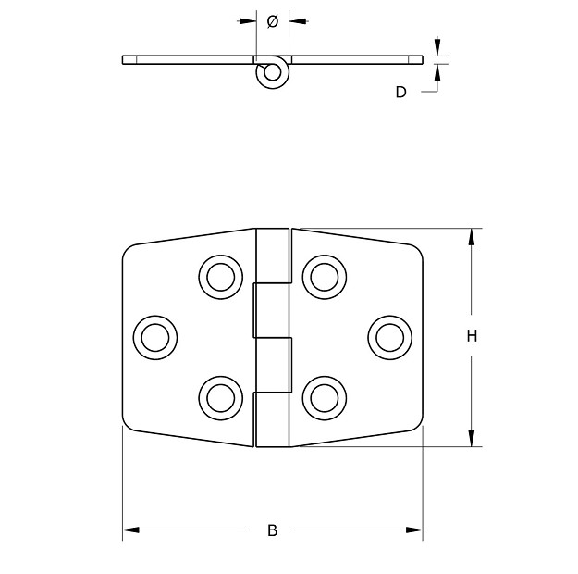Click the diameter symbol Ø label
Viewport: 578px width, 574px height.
272,21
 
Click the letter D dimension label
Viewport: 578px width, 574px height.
400,92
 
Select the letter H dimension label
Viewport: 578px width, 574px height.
472,337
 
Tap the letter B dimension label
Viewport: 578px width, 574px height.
272,530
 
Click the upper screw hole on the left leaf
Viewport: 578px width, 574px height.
220,276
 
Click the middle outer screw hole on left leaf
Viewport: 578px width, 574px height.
155,337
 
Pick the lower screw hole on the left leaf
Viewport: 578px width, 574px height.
220,397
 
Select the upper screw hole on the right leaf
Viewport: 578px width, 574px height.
323,276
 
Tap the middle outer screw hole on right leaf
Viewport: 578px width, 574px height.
388,337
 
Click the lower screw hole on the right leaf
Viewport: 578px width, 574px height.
323,397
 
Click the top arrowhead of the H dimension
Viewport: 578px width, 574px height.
472,236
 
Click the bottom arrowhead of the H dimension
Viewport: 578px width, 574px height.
472,438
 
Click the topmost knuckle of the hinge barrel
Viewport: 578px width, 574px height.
272,256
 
